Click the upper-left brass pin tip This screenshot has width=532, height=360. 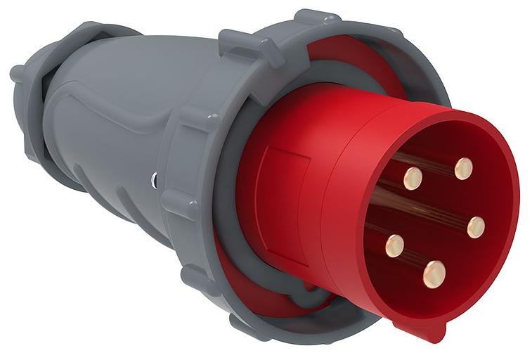point(413,178)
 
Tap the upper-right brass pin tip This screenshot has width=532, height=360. point(463,169)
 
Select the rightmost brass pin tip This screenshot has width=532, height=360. point(476,226)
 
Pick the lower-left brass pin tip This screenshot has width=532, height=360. point(394,245)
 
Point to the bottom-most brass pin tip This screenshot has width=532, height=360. point(434,274)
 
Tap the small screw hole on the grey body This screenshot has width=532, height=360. point(153,181)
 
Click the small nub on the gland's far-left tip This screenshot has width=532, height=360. point(15,72)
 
